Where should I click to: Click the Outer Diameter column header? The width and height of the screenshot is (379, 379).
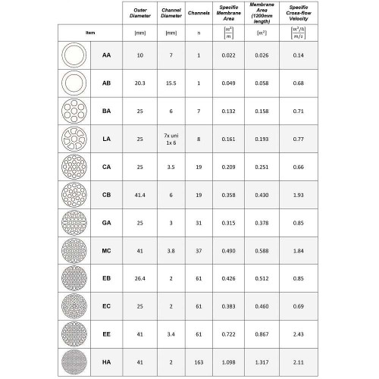click(139, 12)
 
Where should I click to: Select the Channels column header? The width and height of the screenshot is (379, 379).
click(199, 12)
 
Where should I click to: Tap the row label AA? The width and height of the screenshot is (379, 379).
click(106, 56)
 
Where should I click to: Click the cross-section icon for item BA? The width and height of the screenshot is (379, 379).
click(74, 111)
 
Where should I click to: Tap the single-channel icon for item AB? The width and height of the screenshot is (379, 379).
click(74, 83)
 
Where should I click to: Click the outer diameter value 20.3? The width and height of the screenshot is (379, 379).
click(139, 83)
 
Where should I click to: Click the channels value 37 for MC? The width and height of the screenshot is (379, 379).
click(199, 249)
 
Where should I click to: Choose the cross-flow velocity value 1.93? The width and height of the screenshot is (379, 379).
click(298, 194)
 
